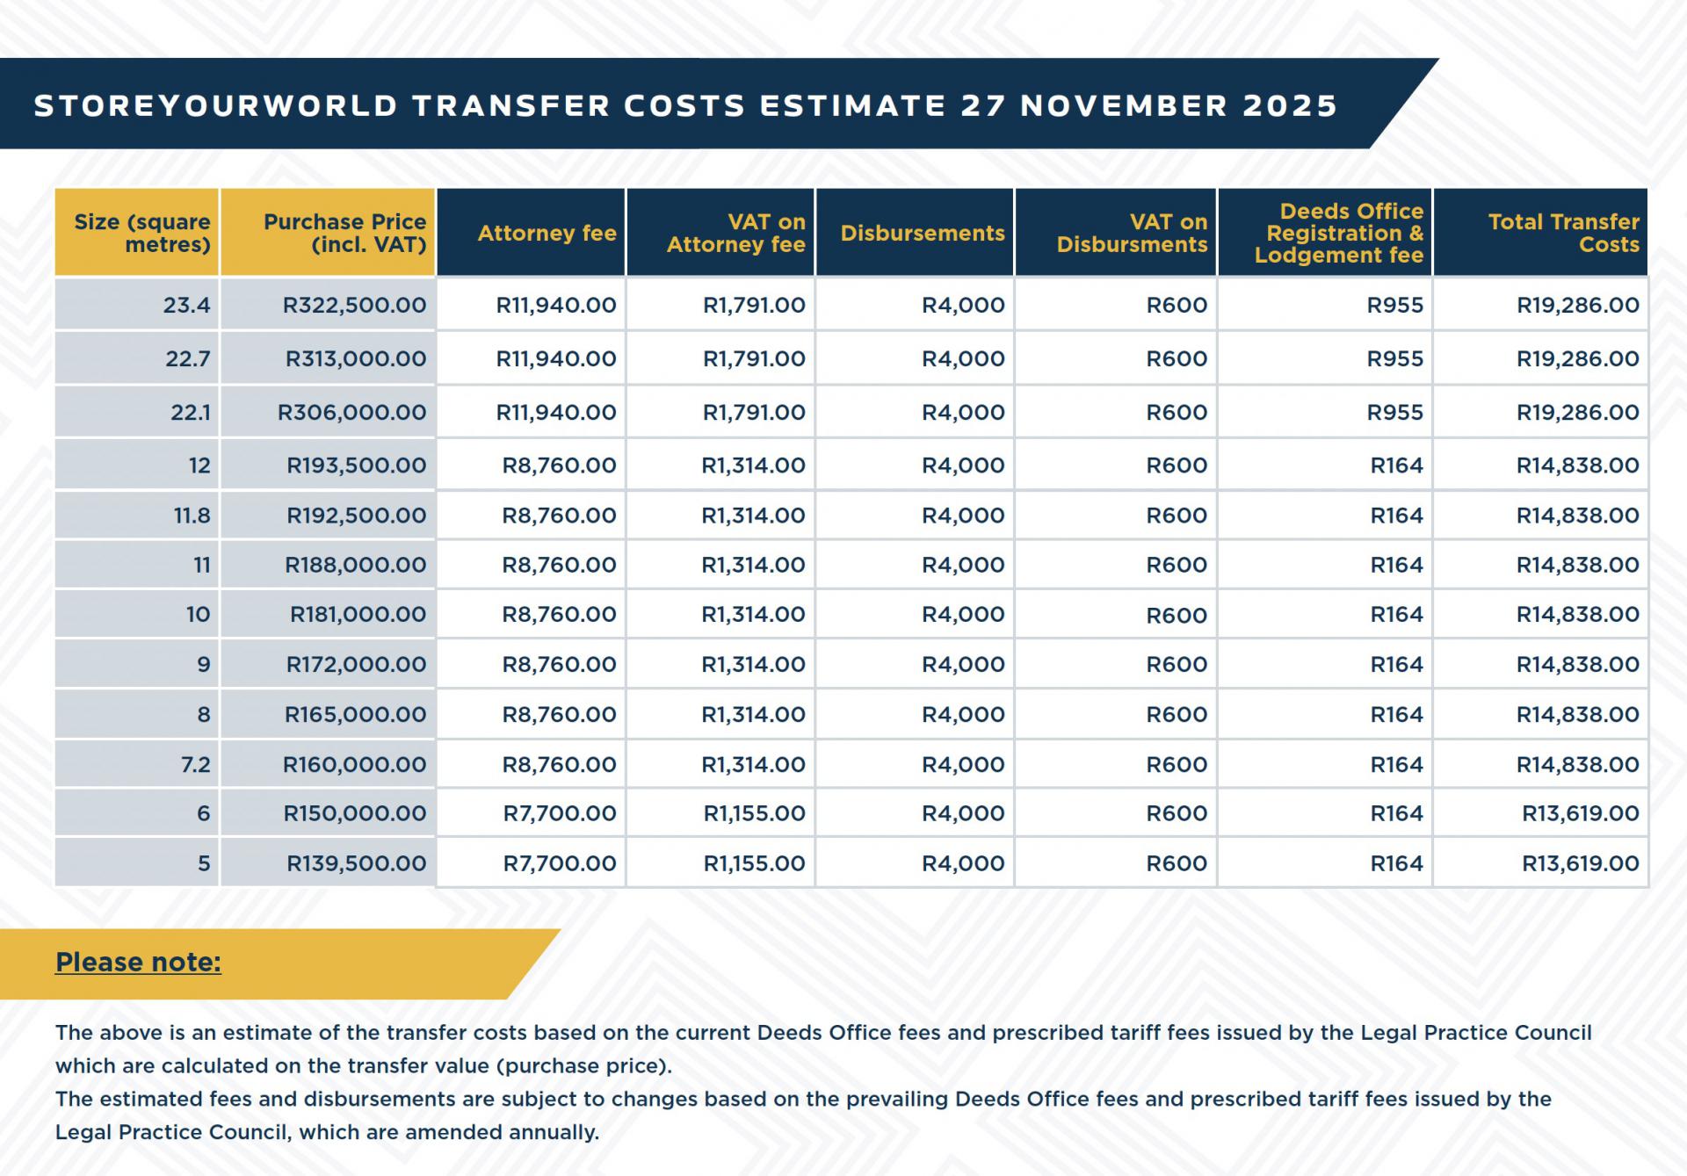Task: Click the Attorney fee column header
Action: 547,233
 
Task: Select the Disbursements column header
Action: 922,233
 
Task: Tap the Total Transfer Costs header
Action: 1563,233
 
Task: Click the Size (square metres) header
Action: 141,233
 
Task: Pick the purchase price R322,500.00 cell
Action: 354,305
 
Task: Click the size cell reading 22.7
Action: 188,358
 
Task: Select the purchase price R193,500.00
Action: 356,465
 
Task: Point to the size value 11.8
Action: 192,516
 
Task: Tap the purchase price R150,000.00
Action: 354,813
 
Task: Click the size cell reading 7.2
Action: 195,764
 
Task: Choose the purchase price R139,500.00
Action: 356,863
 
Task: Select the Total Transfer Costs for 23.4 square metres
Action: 1577,305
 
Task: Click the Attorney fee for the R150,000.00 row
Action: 559,813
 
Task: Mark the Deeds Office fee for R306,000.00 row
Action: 1394,412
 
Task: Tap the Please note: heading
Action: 138,963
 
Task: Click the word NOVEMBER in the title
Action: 1123,105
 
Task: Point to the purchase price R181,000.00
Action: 358,615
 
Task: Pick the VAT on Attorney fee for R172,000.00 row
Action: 753,665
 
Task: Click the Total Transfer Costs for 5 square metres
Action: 1580,863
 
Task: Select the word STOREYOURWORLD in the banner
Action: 215,105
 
